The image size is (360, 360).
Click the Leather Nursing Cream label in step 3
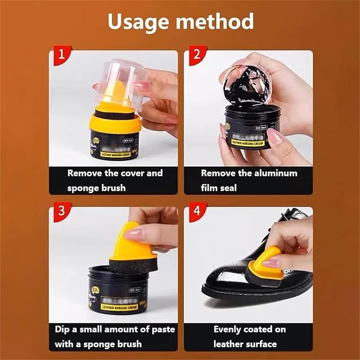pos(113,306)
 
